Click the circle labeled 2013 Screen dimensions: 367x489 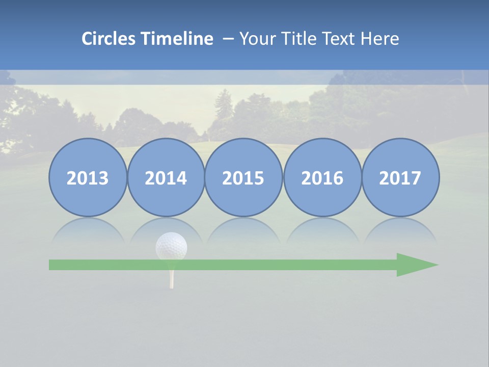point(88,177)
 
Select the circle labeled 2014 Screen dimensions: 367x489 point(166,177)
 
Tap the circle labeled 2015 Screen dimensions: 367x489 point(243,177)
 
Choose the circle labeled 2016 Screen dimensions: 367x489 point(322,177)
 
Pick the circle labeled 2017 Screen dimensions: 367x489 point(400,177)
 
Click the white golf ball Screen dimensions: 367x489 point(171,246)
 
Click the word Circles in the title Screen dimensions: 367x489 point(109,39)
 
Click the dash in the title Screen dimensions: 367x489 point(228,39)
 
